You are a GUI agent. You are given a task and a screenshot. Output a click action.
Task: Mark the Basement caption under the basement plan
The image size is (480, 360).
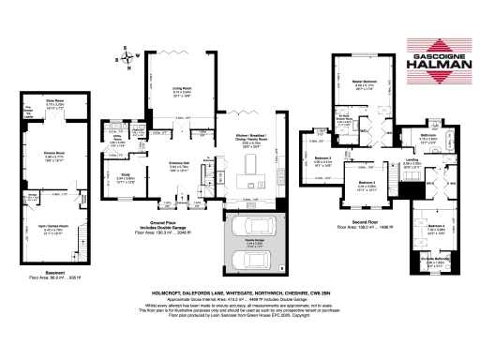click(x=36, y=274)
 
